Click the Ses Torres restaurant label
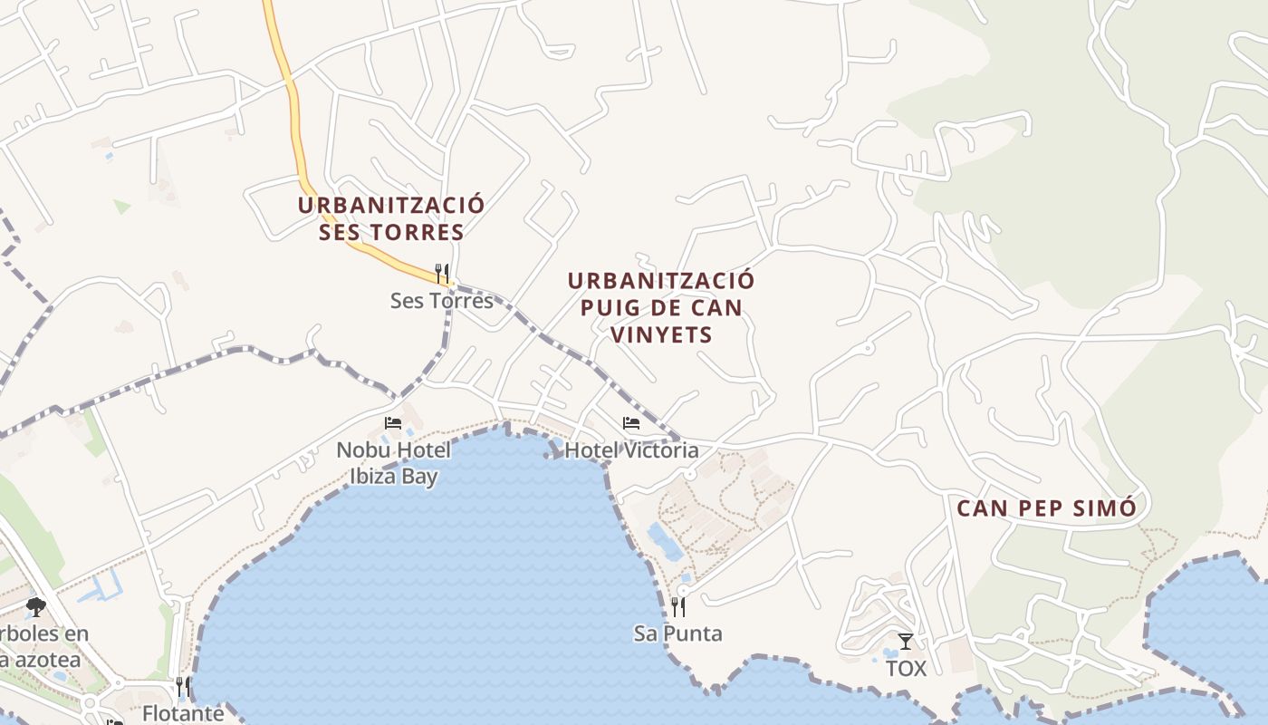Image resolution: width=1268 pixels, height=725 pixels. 442,300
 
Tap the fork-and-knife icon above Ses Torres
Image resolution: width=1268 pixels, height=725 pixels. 442,272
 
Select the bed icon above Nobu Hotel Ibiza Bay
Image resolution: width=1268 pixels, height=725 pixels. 393,422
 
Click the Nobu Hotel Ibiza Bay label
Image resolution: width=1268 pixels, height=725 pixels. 393,462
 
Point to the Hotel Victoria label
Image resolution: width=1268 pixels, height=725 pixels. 631,449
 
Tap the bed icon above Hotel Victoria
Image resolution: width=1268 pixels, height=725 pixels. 631,422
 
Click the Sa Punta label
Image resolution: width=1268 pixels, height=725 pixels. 678,633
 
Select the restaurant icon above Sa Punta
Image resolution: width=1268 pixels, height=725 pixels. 678,606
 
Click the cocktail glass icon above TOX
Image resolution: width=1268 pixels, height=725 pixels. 906,642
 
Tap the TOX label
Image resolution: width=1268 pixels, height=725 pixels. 906,669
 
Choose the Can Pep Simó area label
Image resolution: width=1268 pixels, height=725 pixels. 1046,507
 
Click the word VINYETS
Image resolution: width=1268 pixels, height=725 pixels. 661,334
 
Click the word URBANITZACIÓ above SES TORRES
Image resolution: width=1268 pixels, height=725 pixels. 391,205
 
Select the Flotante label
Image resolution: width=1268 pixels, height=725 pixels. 183,713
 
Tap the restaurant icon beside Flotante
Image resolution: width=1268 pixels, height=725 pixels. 183,686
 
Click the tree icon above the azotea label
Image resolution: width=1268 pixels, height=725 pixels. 36,606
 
